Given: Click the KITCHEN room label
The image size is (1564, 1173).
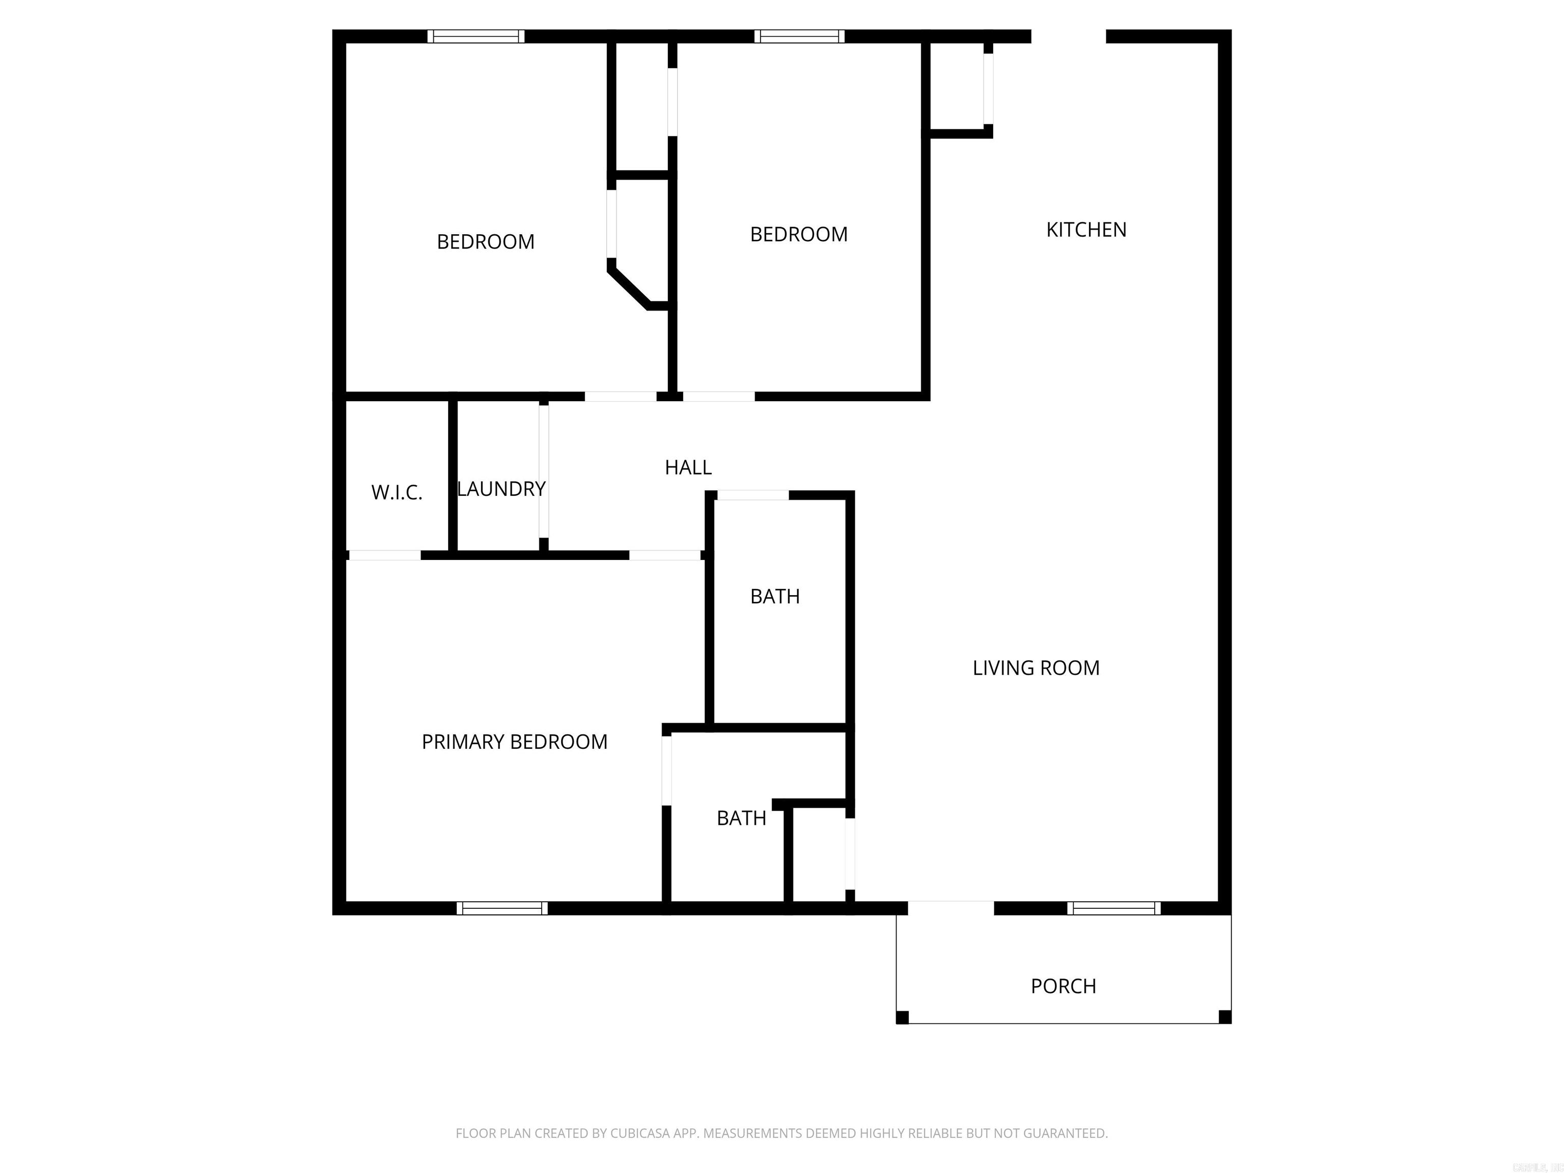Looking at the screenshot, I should [x=1086, y=230].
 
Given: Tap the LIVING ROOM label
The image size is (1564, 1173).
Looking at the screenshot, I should [x=1036, y=668].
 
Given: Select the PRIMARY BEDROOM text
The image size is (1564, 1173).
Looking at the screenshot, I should [x=514, y=742].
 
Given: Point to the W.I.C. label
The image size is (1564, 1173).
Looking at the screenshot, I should [x=397, y=493].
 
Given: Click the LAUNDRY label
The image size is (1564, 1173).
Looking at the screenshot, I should [x=501, y=489].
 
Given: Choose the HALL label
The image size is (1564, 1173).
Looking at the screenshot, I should [x=688, y=467].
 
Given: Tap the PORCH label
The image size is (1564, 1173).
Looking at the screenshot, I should [x=1063, y=986].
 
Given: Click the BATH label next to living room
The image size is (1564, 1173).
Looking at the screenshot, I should [x=775, y=597].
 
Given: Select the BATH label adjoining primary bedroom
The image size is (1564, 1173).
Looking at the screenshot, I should [x=741, y=818].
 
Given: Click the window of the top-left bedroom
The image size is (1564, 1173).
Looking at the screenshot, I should [x=476, y=36].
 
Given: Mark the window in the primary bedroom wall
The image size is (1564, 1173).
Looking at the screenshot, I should [x=502, y=909].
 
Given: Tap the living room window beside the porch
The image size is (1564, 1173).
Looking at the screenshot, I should [x=1113, y=909].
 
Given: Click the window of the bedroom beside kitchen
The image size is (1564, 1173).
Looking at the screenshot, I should [x=799, y=36].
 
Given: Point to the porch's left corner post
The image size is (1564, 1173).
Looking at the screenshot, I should [x=902, y=1017].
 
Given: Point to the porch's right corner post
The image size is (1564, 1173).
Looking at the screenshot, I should [x=1225, y=1017].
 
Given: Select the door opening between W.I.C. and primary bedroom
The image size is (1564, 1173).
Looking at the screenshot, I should [x=385, y=555].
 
